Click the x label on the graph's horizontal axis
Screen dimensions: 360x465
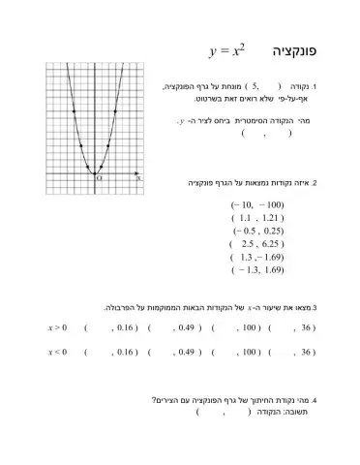tap(138, 178)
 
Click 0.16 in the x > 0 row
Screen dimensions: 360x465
tap(127, 327)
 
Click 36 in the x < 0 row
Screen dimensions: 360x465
tap(310, 352)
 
